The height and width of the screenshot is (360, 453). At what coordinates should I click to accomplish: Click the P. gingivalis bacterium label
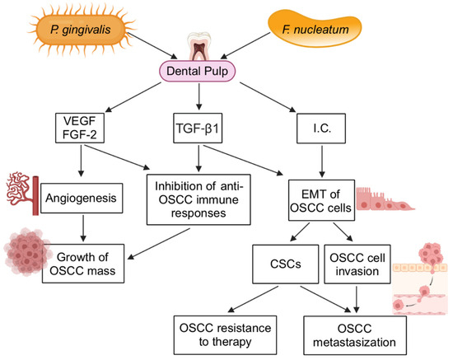tap(81, 30)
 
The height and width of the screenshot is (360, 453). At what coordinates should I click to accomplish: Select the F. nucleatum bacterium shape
tap(315, 30)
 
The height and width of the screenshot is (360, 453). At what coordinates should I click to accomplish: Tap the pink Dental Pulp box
tap(198, 71)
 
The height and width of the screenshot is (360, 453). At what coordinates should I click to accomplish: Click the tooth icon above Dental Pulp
tap(199, 47)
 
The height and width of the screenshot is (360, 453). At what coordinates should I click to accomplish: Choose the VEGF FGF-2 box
tap(80, 128)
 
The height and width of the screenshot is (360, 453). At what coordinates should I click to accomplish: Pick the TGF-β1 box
tap(198, 129)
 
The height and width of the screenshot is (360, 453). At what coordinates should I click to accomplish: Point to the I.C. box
tap(321, 129)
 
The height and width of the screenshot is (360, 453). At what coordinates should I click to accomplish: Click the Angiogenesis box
tap(82, 199)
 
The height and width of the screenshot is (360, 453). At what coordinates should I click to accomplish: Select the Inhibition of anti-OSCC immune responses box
tap(198, 199)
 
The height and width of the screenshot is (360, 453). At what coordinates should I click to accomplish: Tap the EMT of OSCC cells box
tap(321, 200)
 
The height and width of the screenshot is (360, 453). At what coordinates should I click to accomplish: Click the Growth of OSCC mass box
tap(83, 264)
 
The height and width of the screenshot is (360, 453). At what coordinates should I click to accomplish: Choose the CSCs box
tap(286, 264)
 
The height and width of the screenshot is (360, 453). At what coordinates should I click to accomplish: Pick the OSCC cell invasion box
tap(357, 264)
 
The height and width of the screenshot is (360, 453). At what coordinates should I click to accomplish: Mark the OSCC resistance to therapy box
tap(225, 334)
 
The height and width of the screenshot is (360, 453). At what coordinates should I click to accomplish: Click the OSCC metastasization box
tap(355, 335)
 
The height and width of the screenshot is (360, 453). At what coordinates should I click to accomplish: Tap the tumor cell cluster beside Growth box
tap(26, 251)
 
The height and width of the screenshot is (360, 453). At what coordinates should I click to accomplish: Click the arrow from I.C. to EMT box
tap(322, 161)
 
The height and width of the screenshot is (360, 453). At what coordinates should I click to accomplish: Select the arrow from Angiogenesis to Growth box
tap(83, 228)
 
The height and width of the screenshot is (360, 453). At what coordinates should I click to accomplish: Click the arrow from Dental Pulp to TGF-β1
tap(198, 96)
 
